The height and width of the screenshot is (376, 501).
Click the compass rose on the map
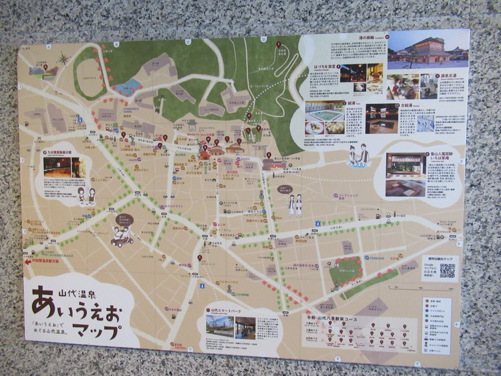coord(63,59)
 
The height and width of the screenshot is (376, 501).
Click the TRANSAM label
coord(376,258)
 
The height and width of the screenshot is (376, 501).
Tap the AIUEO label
coord(245,159)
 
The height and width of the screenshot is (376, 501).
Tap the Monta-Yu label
coord(193,134)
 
